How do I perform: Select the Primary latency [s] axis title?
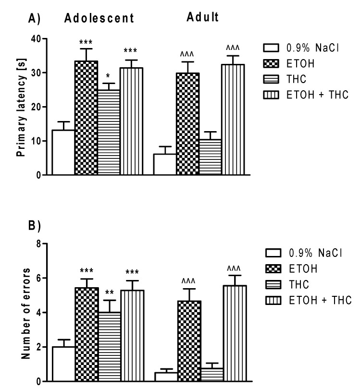(x=20, y=107)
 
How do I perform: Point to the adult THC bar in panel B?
(x=210, y=375)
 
